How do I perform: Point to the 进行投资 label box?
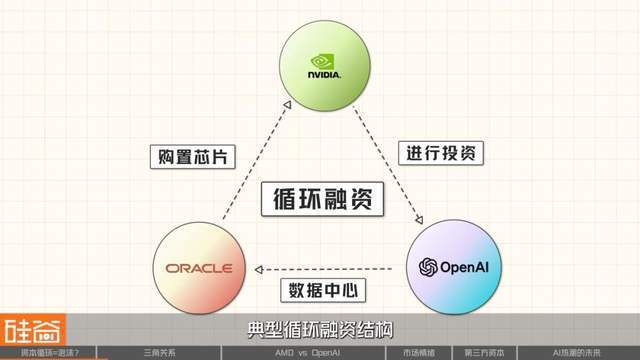tap(442, 153)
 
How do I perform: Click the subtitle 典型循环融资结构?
tap(319, 329)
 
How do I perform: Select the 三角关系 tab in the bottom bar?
tap(161, 352)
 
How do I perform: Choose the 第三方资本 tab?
tap(485, 352)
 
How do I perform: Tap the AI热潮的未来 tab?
tap(580, 352)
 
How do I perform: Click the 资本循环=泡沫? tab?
tap(50, 352)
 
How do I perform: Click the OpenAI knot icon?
tap(428, 267)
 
